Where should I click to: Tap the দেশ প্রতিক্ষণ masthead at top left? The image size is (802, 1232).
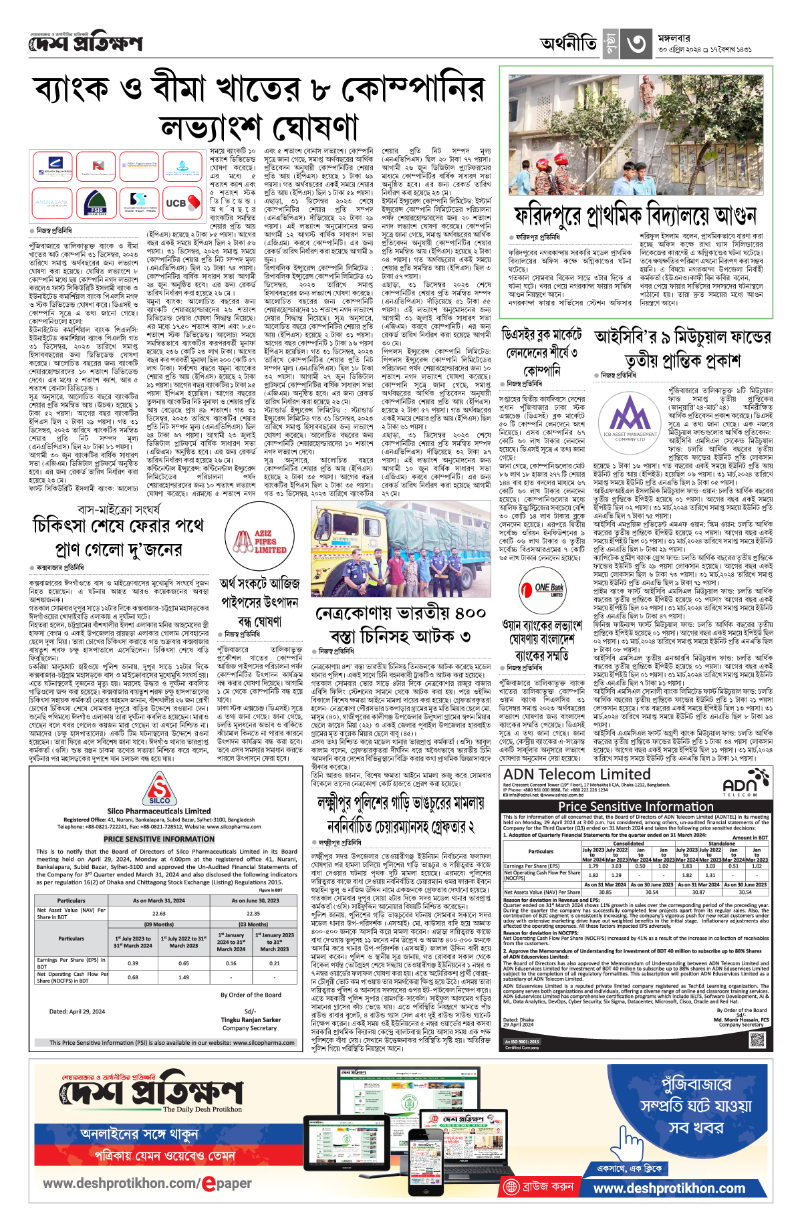coord(86,44)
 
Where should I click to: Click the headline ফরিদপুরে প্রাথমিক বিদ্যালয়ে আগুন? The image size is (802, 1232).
coord(635,215)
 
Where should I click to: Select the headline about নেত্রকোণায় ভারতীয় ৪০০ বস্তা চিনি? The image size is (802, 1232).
coord(401,624)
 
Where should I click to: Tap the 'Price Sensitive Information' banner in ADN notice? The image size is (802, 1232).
coord(636,806)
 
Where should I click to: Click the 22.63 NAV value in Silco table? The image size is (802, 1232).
coord(158,913)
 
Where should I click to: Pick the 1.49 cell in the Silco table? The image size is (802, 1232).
coord(184,977)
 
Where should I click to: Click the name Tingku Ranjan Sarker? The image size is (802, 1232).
coord(251,1020)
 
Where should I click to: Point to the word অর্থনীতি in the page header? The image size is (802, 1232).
coord(569,44)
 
